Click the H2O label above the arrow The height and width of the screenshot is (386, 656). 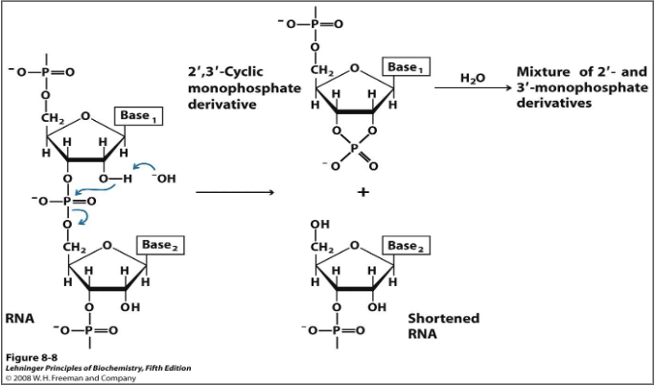point(472,77)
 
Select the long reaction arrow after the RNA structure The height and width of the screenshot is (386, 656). point(234,192)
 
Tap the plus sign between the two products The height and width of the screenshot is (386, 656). point(363,192)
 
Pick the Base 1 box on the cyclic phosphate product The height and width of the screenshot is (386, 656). point(405,68)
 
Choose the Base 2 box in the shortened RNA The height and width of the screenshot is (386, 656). point(406,246)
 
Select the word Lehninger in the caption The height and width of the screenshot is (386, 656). point(29,368)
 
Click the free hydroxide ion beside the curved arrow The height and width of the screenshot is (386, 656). point(164,179)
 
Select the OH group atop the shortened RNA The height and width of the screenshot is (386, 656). point(319,226)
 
